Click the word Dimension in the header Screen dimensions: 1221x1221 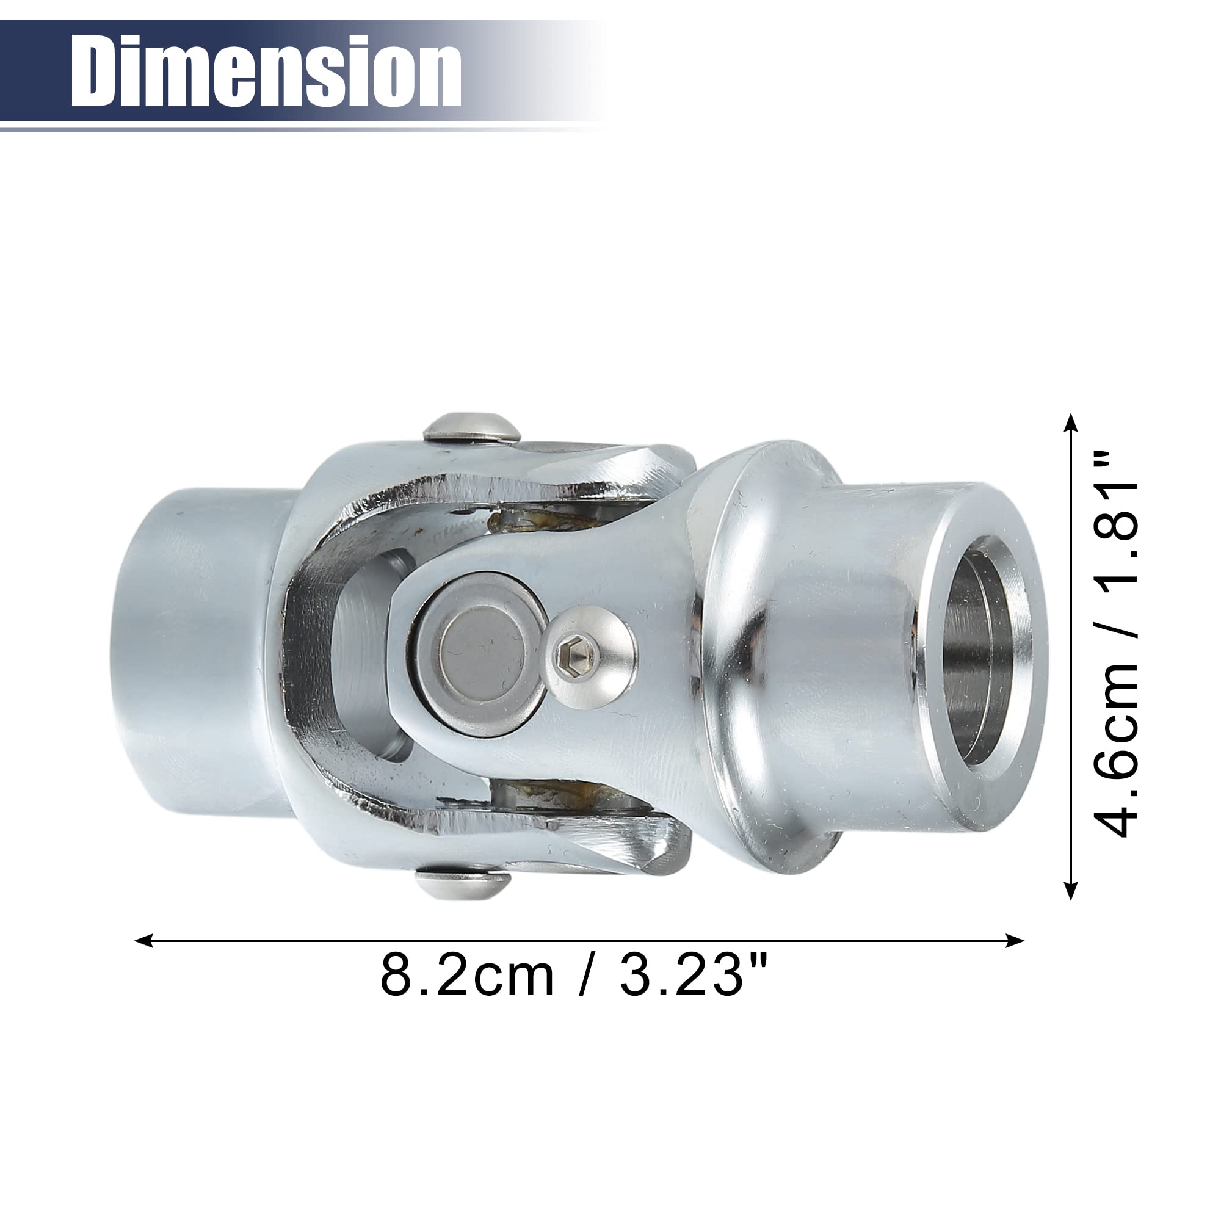tap(266, 71)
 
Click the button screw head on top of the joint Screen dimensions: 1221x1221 tap(471, 427)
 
